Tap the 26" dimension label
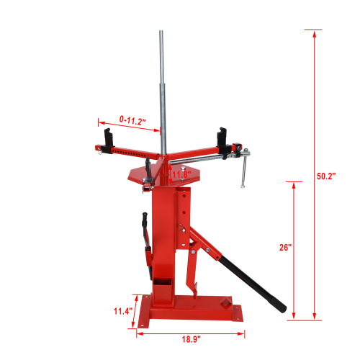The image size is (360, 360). [286, 247]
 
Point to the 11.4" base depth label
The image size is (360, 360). [123, 311]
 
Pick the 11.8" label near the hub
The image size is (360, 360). [181, 174]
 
